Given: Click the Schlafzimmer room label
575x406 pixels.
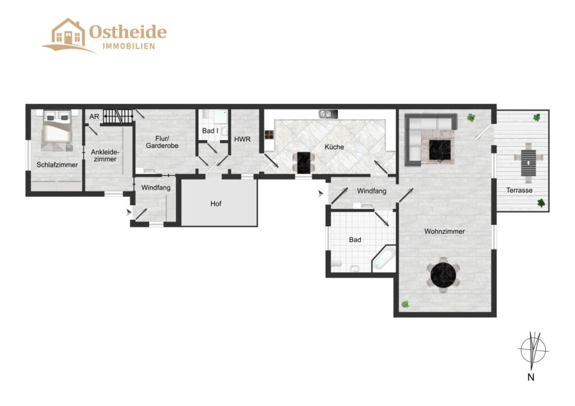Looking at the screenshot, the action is (x=57, y=165).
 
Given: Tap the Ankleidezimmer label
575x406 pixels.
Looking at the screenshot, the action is (x=105, y=155).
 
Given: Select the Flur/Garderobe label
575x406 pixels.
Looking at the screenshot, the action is (x=162, y=142).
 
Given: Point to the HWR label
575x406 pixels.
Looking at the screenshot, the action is (x=242, y=140).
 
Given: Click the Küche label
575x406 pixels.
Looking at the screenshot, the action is (x=334, y=147).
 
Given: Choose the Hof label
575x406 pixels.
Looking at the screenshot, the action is (x=216, y=204).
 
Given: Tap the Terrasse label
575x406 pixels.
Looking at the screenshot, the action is (x=519, y=190).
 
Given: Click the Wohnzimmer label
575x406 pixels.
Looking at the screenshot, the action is (x=445, y=232).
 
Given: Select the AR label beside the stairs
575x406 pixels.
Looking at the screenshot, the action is (x=94, y=117).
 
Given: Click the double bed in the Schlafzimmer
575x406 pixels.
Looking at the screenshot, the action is (x=57, y=130).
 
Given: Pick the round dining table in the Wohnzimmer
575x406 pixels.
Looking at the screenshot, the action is (x=444, y=275).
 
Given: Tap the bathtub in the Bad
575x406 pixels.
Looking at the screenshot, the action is (x=384, y=258).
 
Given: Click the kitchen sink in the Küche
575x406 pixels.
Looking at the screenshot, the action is (x=328, y=114).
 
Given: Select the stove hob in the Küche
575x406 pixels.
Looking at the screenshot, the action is (x=269, y=135).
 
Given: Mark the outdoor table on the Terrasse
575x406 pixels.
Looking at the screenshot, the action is (x=528, y=163).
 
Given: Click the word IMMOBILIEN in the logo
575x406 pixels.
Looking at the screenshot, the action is (x=129, y=46).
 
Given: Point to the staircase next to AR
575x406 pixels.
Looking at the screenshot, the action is (x=118, y=117).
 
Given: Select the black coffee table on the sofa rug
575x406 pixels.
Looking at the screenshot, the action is (x=440, y=150).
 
